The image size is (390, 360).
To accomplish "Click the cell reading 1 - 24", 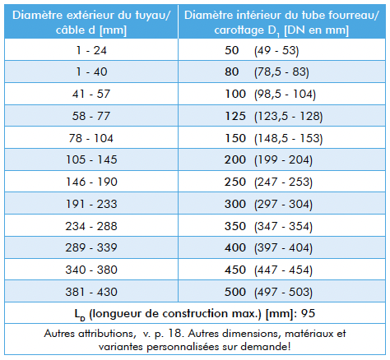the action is (x=91, y=50).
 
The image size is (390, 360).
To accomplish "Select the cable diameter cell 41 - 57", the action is (x=91, y=94).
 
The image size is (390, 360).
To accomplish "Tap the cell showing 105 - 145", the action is (x=91, y=159).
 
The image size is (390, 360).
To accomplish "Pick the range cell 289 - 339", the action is (x=91, y=247).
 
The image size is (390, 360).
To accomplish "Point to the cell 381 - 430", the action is (x=91, y=292).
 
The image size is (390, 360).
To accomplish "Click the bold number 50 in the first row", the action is (x=232, y=50).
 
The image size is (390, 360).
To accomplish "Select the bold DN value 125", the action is (x=235, y=116).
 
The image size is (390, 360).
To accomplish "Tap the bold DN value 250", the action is (x=235, y=182).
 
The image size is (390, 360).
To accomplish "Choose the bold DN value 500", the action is (x=235, y=292).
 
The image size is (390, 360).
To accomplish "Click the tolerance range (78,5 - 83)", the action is (x=281, y=72).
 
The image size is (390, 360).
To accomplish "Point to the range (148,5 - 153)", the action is (x=289, y=138).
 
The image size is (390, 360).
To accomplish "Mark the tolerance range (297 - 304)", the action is (x=283, y=205).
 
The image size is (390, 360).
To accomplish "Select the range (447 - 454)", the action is (x=283, y=270).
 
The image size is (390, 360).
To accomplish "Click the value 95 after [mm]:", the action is (x=308, y=313).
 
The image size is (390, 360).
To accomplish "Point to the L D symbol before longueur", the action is (x=80, y=315).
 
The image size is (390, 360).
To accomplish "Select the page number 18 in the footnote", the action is (x=174, y=334).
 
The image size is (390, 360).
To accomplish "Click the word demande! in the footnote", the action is (x=265, y=347).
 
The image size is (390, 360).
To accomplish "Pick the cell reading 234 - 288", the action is (x=91, y=226).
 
